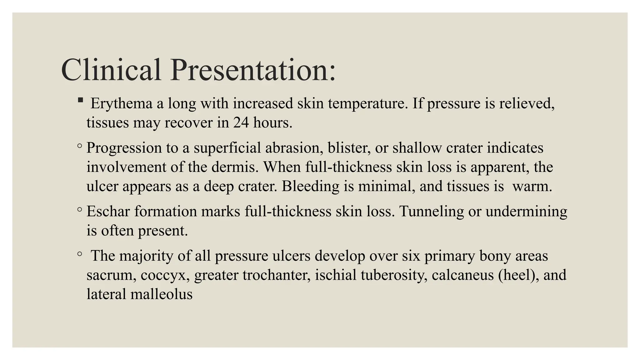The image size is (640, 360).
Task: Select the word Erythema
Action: pos(121,103)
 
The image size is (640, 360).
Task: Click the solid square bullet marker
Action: pos(80,100)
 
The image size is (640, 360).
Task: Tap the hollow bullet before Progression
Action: pos(80,146)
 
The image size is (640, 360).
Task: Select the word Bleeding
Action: pos(310,186)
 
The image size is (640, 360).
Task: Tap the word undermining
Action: pos(526,212)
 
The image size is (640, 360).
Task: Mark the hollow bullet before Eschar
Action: pos(80,209)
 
